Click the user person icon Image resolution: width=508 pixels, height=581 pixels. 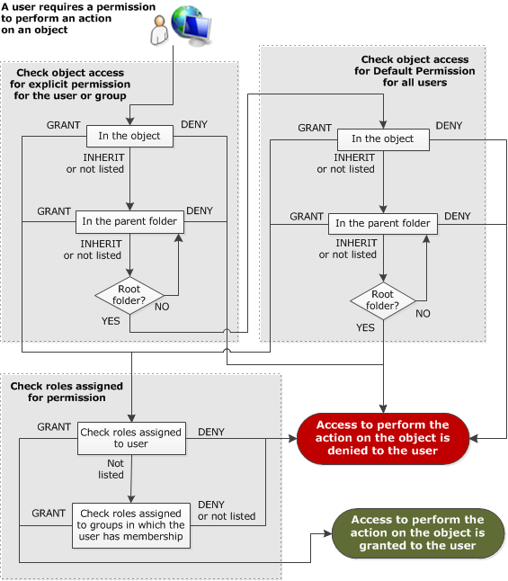pyautogui.click(x=159, y=31)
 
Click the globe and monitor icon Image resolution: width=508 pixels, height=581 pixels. pyautogui.click(x=192, y=25)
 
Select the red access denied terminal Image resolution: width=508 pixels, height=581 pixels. pyautogui.click(x=383, y=438)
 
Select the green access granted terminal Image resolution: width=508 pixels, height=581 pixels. pyautogui.click(x=417, y=532)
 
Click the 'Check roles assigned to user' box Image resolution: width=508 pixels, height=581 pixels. pyautogui.click(x=131, y=438)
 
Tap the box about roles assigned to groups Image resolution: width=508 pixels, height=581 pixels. pyautogui.click(x=131, y=525)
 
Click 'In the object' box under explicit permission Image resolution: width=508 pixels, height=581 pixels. pyautogui.click(x=129, y=136)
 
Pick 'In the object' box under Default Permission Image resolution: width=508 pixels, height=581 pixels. pyautogui.click(x=383, y=139)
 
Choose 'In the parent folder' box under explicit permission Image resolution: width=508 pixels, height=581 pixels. pyautogui.click(x=129, y=221)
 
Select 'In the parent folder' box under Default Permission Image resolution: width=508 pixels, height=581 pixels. pyautogui.click(x=383, y=223)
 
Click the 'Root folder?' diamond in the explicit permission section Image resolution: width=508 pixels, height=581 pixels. pyautogui.click(x=129, y=295)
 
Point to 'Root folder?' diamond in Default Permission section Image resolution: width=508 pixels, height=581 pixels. pyautogui.click(x=383, y=300)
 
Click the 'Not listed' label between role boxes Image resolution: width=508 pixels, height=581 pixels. pyautogui.click(x=111, y=469)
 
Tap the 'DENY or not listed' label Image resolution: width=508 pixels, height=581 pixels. pyautogui.click(x=227, y=510)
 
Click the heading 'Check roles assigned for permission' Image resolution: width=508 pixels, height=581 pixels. pyautogui.click(x=67, y=391)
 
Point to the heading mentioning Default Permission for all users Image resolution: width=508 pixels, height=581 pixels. pyautogui.click(x=414, y=71)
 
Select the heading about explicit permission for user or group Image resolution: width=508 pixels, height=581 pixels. pyautogui.click(x=70, y=85)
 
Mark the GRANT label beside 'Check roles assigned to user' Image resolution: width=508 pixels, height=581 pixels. pyautogui.click(x=54, y=427)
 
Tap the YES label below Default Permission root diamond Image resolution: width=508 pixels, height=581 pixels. pyautogui.click(x=365, y=327)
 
